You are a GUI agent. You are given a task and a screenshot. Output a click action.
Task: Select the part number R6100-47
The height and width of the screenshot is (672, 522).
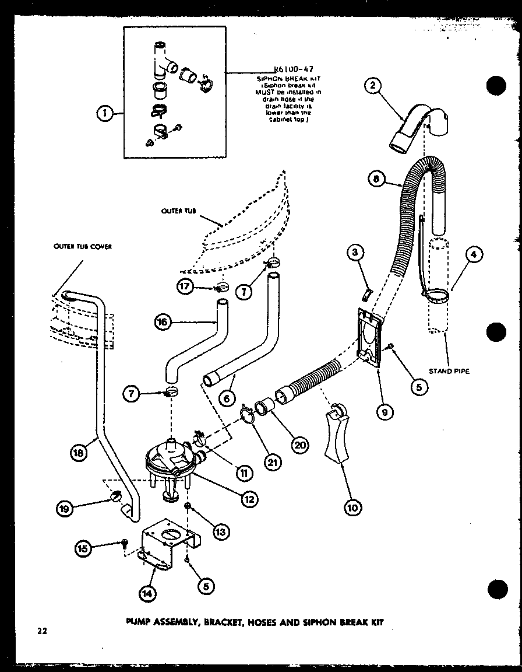click(288, 68)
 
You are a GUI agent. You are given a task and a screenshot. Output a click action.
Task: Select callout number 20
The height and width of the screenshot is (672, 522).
click(300, 444)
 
